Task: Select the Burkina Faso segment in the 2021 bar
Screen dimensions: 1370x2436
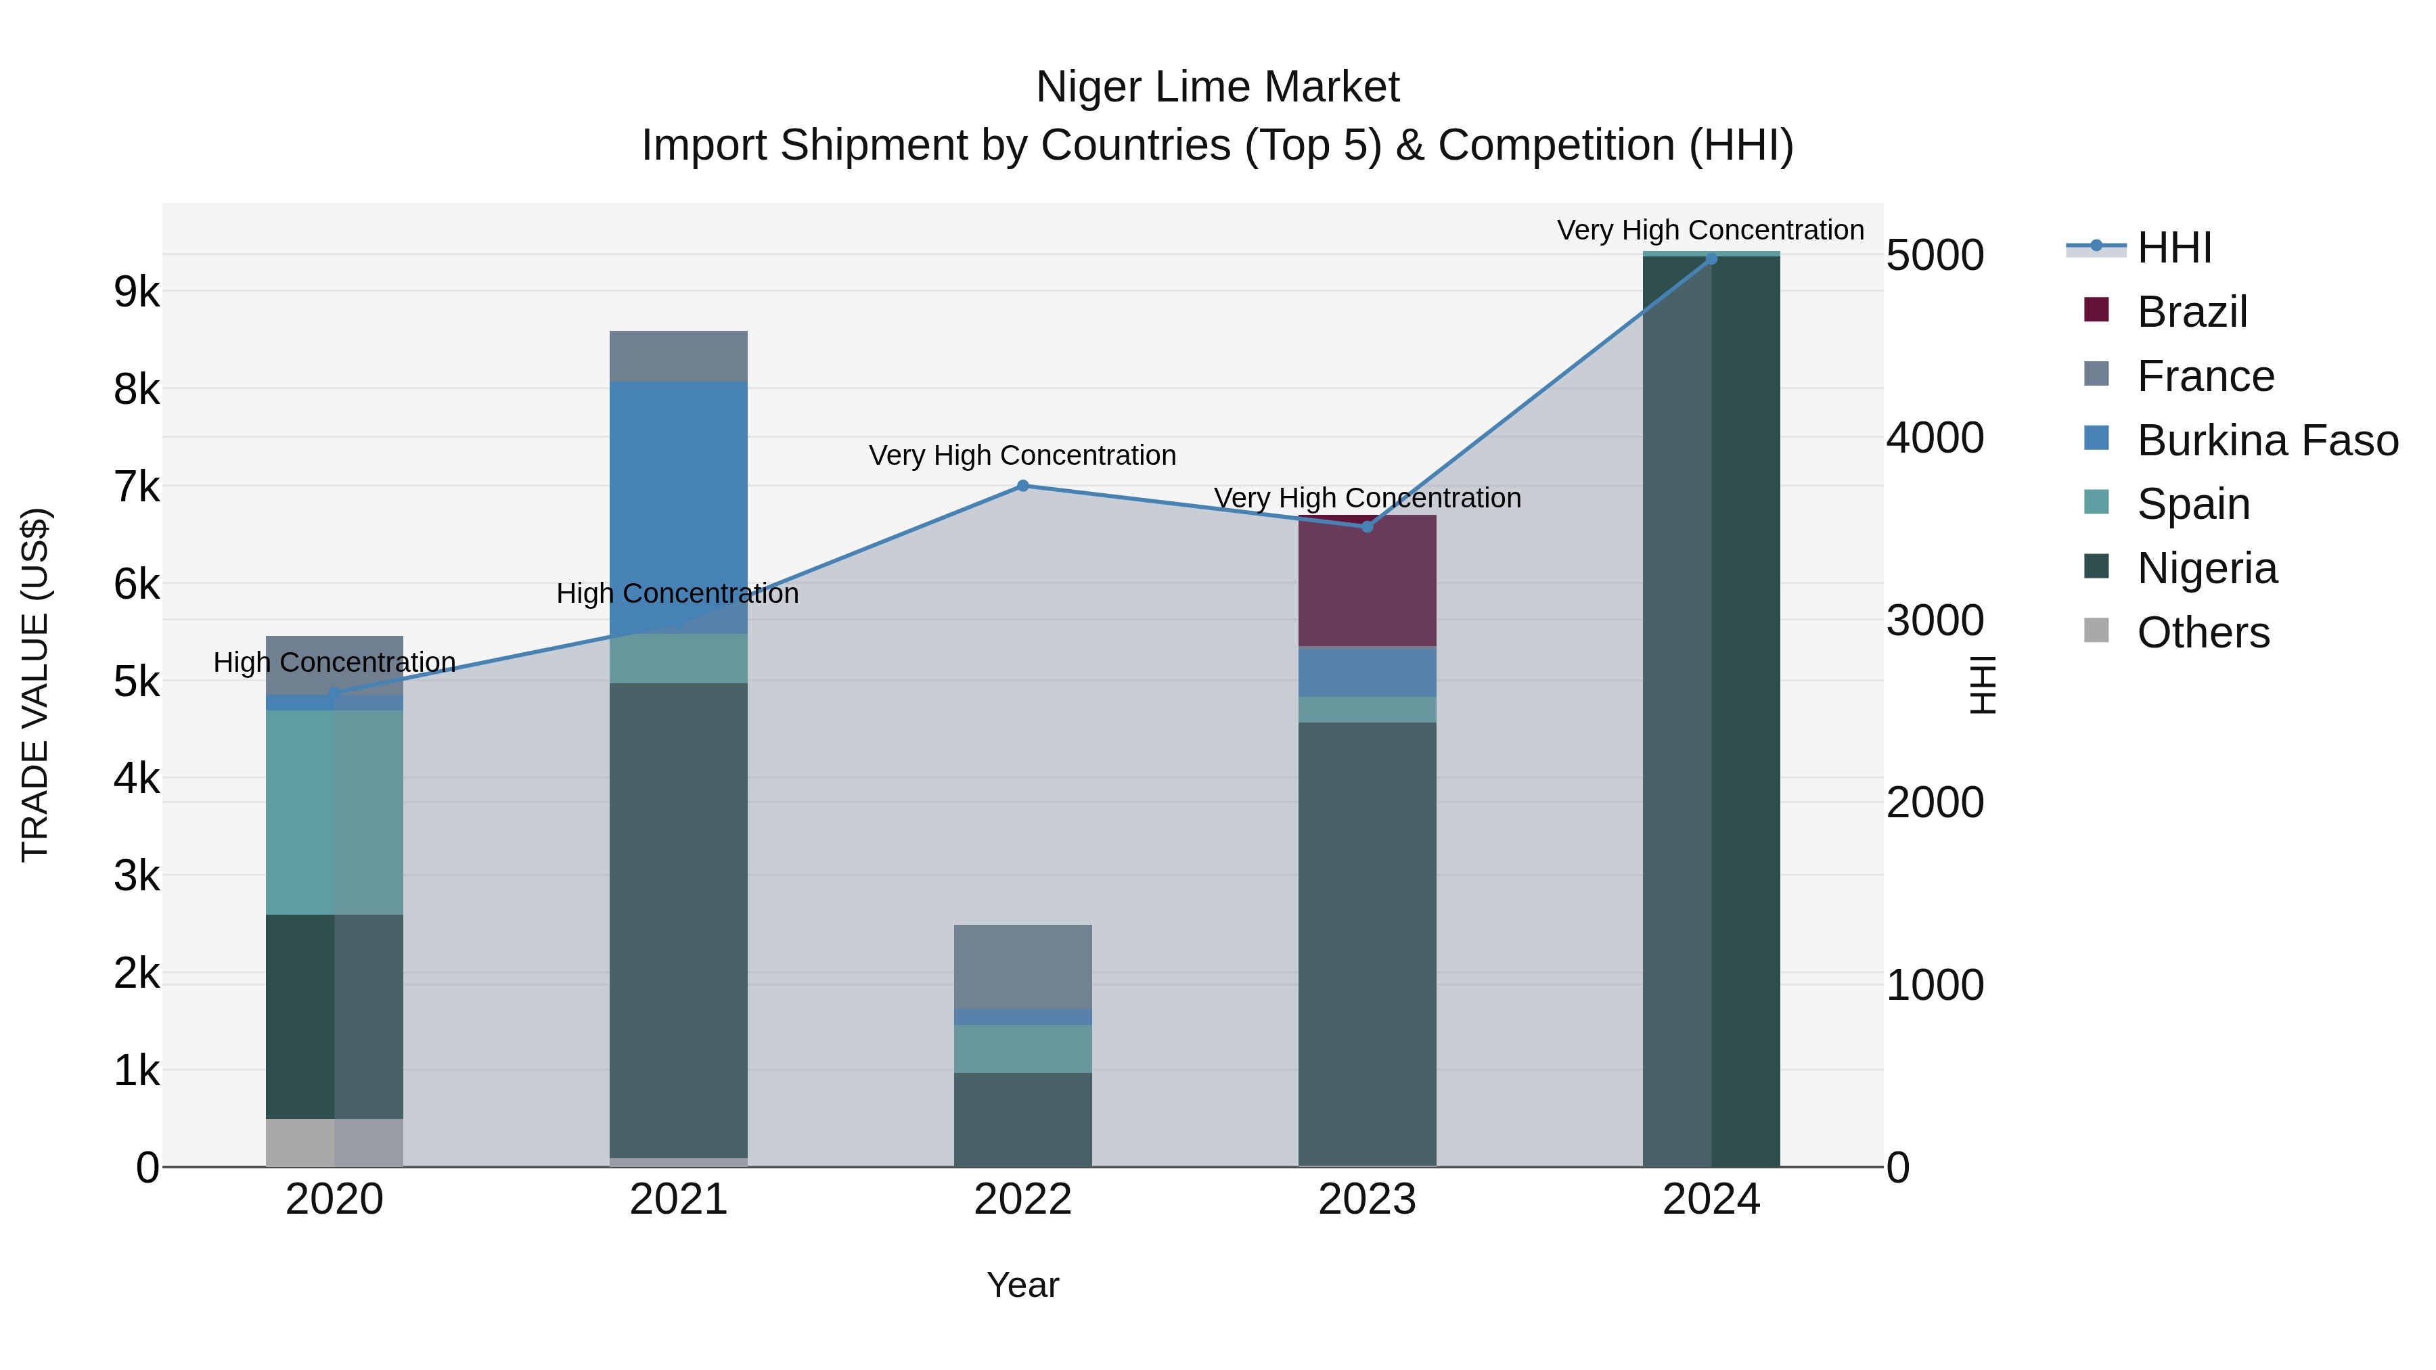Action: pos(678,507)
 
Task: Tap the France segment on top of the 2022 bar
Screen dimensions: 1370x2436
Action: pos(1022,966)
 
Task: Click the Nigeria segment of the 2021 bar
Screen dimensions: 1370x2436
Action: pos(678,919)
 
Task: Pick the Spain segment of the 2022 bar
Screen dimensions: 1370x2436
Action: pos(1022,1049)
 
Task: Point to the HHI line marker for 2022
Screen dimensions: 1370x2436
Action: pos(1022,486)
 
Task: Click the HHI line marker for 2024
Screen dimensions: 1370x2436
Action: pos(1711,259)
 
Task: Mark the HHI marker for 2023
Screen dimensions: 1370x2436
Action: pos(1366,526)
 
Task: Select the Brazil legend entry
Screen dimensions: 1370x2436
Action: pos(2191,312)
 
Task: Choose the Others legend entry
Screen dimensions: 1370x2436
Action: pos(2203,633)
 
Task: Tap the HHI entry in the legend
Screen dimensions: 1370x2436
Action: pos(2173,248)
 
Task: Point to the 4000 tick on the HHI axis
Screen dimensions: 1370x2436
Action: pos(1935,438)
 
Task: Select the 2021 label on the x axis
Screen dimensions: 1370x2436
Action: pos(678,1200)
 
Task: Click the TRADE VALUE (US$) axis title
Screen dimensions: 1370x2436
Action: pos(35,685)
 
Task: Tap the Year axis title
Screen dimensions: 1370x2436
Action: pos(1022,1285)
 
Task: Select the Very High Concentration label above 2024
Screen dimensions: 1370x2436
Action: pos(1710,230)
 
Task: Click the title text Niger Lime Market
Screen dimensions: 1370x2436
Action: pos(1217,87)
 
